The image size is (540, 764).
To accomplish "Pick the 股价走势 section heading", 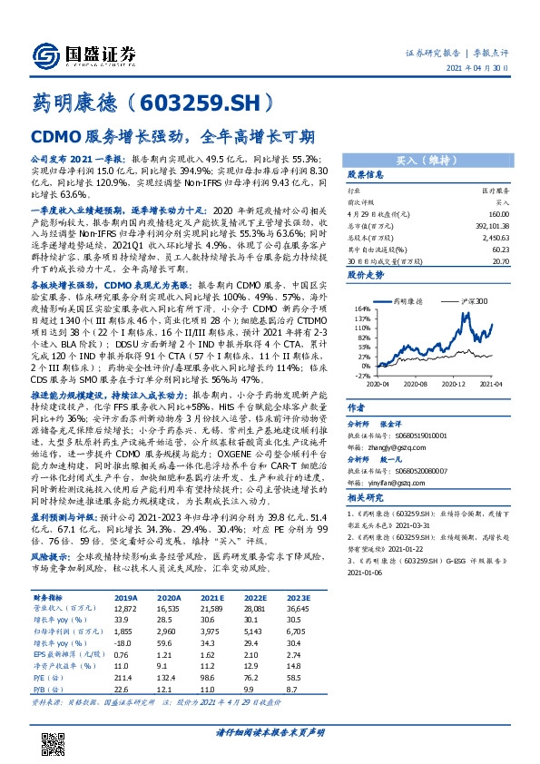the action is coord(367,272).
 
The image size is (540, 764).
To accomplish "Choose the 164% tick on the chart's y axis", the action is coord(360,309).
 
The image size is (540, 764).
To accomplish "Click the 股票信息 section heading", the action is coord(367,174).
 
